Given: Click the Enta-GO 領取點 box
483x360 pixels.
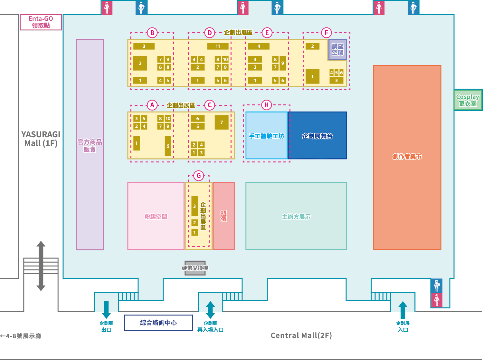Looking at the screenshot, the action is (41, 22).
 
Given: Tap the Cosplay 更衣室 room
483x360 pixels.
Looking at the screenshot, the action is (468, 100).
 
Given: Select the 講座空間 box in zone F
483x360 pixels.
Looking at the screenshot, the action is (337, 50).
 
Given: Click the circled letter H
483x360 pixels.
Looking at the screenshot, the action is (266, 105).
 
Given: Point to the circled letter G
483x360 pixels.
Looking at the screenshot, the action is (199, 176).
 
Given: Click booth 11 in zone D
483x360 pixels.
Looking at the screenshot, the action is (218, 46).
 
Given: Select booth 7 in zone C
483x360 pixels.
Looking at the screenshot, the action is (222, 122).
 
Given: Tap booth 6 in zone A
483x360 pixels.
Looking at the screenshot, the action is (168, 146).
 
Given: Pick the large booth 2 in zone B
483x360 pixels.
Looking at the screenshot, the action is (140, 63).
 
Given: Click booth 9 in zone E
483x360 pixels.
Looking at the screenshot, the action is (283, 63).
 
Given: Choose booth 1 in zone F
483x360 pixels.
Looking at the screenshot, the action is (312, 76).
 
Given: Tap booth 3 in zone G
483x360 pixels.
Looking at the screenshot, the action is (194, 206).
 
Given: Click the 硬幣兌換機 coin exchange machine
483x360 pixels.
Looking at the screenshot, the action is (195, 268).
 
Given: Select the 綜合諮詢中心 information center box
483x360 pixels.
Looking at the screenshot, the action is (158, 323).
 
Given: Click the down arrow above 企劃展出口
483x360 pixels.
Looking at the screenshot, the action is (106, 310).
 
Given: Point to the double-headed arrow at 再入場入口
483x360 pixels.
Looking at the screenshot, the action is (210, 310).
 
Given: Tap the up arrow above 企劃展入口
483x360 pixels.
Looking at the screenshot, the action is (403, 310).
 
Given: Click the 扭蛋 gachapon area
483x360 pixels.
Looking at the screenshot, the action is (224, 216).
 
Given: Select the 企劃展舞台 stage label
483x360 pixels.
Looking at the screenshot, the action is (317, 136).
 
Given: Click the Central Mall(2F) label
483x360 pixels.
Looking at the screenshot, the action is (301, 336).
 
